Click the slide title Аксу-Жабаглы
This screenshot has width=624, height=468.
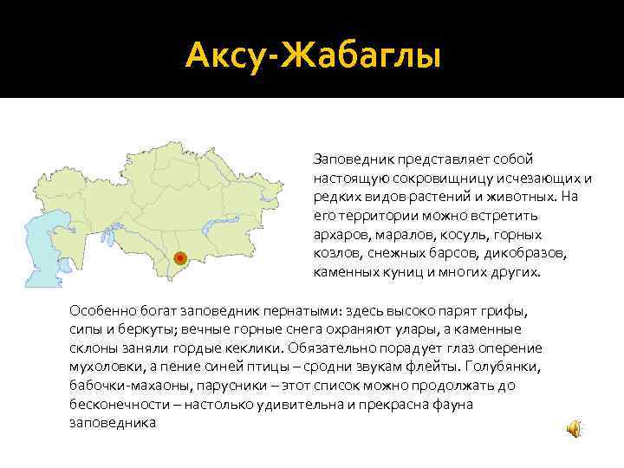click(313, 57)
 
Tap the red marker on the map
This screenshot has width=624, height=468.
click(179, 257)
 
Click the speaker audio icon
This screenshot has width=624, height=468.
click(574, 428)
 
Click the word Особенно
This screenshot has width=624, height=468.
click(101, 309)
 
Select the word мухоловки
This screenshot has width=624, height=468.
click(104, 367)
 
